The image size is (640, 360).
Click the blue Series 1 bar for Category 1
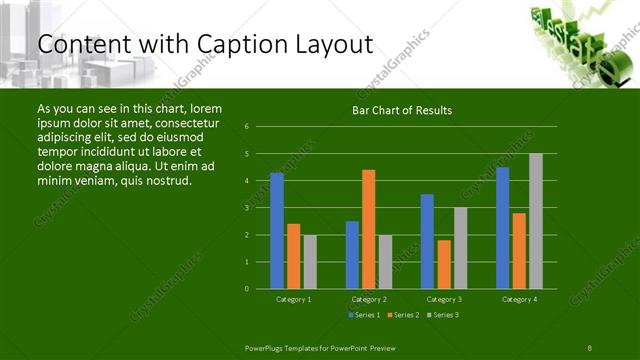coord(277,231)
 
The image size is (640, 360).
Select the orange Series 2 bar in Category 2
coord(369,229)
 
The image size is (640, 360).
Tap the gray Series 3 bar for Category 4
coord(536,221)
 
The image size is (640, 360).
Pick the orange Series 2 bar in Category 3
coord(444,264)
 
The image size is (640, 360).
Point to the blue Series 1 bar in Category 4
coord(503,228)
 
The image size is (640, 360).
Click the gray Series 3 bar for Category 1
coord(310,262)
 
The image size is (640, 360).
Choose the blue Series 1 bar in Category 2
coord(352,255)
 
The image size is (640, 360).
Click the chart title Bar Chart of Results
coord(402,110)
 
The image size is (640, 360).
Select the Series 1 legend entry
coord(362,315)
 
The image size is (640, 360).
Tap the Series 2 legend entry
coord(402,315)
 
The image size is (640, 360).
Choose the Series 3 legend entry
coord(442,315)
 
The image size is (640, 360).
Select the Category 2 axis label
coord(369,299)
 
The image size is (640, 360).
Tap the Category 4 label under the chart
coord(519,299)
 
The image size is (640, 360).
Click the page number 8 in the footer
coord(590,346)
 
